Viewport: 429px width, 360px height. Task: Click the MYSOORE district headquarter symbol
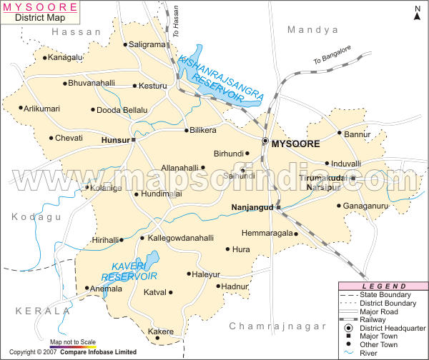[265, 142]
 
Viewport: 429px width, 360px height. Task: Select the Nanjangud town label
[253, 208]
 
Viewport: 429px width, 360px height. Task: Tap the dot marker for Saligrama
[126, 44]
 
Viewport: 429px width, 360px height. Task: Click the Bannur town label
[358, 134]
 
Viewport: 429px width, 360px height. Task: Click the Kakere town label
[160, 331]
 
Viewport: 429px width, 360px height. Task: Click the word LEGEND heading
[383, 286]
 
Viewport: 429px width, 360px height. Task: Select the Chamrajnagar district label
[272, 326]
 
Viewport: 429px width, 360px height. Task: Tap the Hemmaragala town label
[267, 233]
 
